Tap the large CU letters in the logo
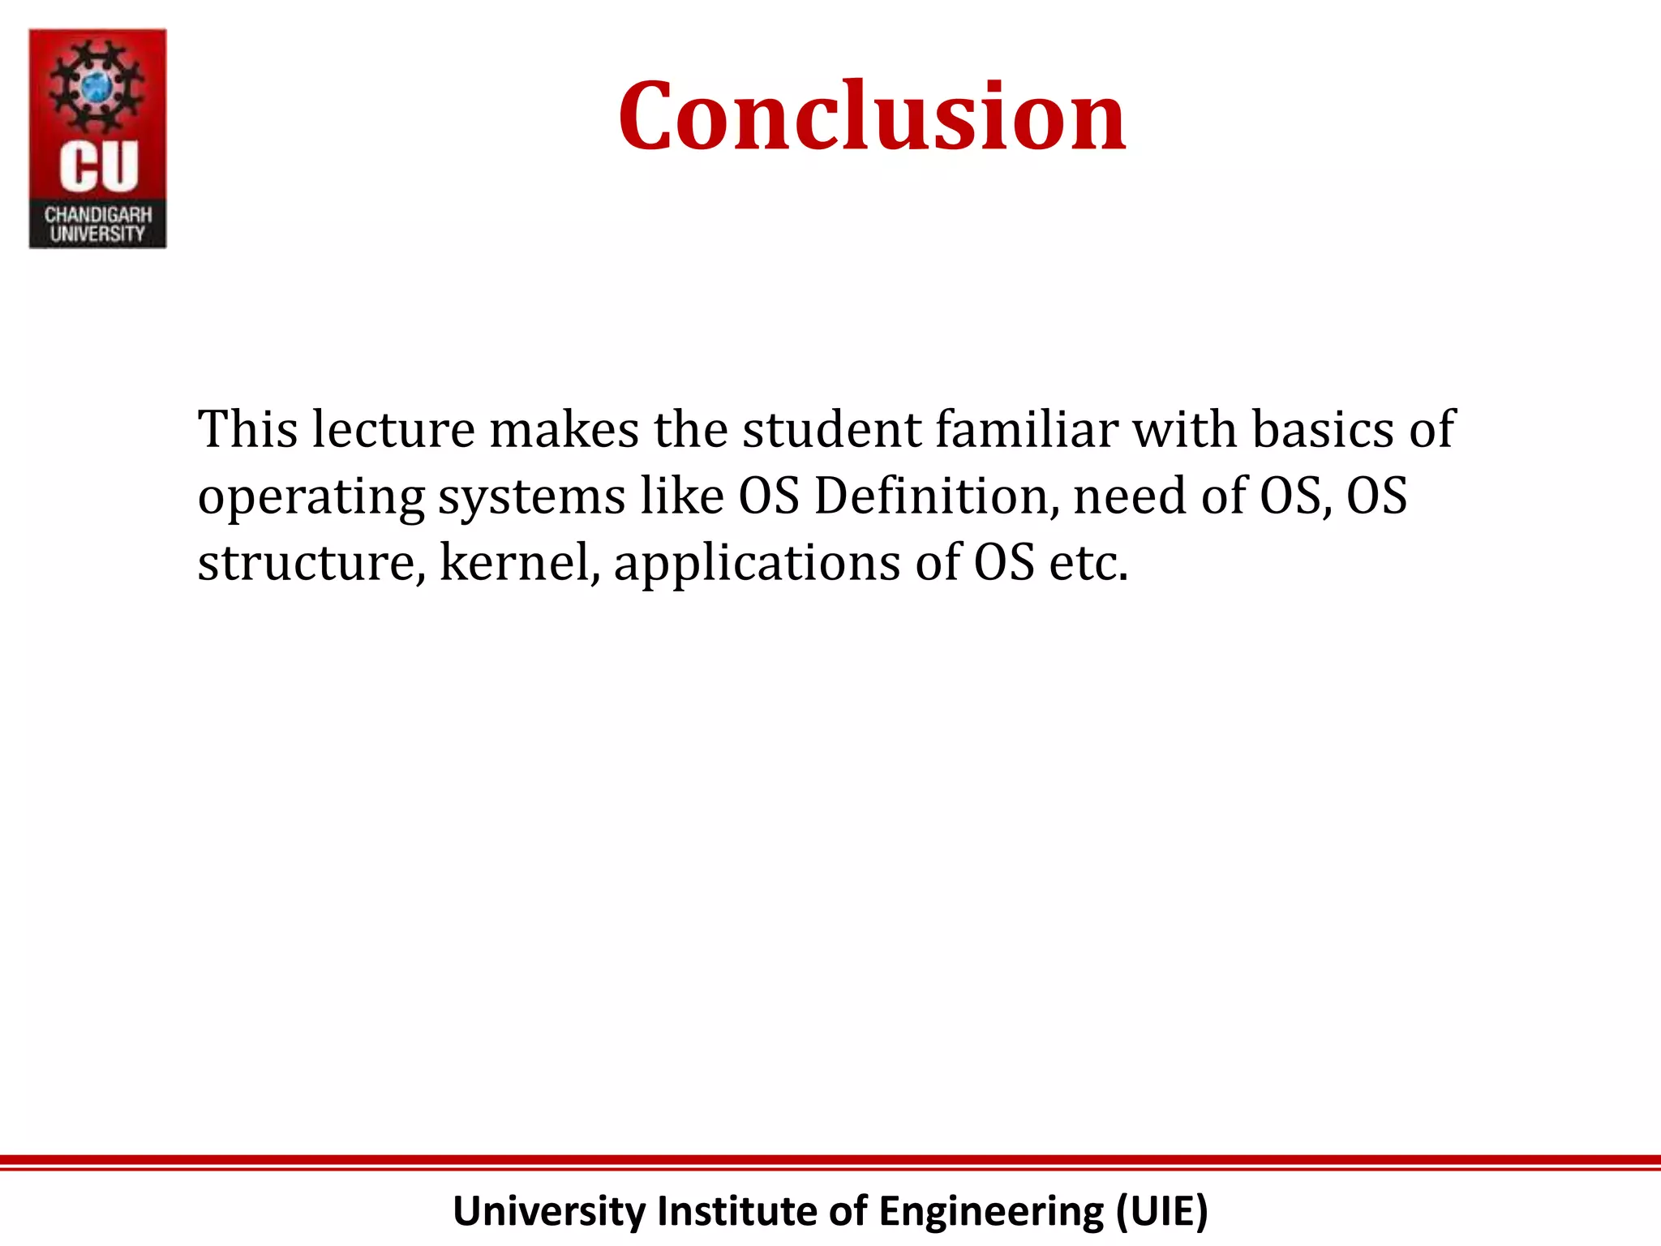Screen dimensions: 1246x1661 (99, 167)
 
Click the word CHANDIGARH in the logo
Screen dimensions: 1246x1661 (98, 215)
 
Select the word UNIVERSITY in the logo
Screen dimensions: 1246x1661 (98, 234)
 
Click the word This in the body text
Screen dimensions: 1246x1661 (247, 429)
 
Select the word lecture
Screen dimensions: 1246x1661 (393, 429)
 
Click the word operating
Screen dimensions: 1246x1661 (311, 497)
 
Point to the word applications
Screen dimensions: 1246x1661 (757, 564)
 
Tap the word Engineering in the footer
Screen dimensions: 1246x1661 (991, 1211)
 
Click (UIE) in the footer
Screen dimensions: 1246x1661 (1161, 1211)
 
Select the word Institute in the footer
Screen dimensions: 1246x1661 (736, 1211)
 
